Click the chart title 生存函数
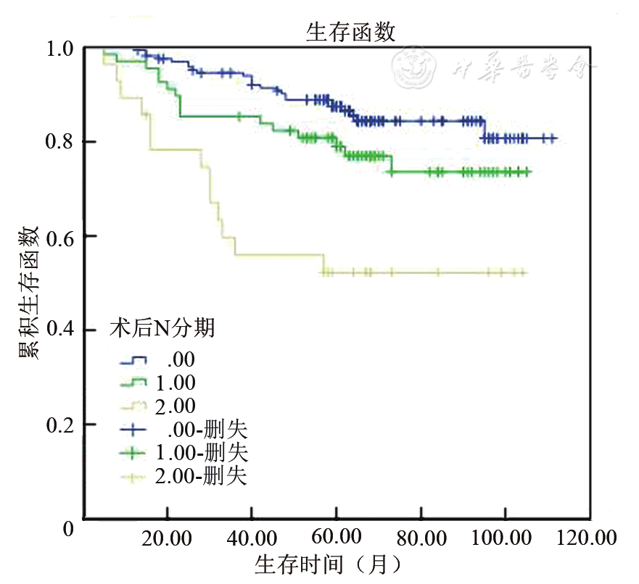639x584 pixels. (350, 31)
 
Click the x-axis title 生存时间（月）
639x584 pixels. (327, 564)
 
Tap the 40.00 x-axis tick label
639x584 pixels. (252, 539)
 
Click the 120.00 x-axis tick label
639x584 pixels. (588, 539)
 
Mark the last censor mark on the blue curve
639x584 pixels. (553, 138)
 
